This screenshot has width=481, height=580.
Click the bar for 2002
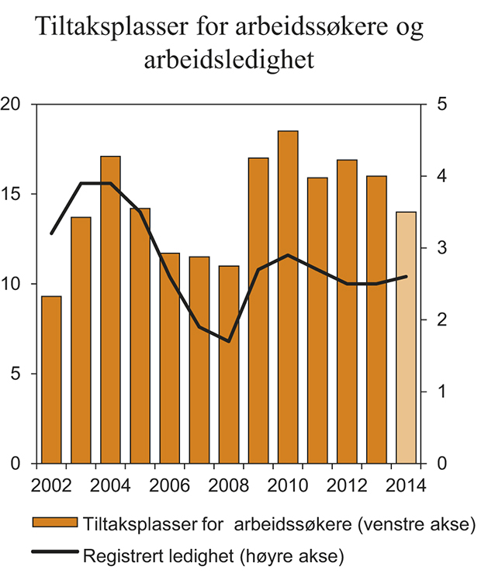[51, 380]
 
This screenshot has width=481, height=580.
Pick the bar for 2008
[229, 364]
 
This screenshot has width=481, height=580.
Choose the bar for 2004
[110, 310]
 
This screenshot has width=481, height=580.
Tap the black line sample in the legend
[55, 553]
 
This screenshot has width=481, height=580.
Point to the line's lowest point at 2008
[229, 341]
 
